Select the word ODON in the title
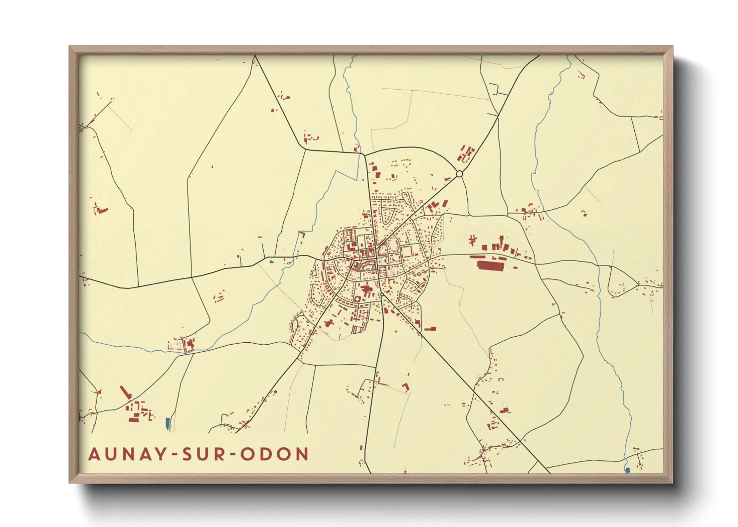pos(275,454)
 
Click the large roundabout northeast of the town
pos(459,174)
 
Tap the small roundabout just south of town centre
pos(382,294)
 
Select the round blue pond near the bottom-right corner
pos(627,470)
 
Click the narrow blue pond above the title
pos(168,424)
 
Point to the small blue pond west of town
pos(271,261)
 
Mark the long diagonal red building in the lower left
pos(125,392)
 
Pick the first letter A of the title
pos(94,454)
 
